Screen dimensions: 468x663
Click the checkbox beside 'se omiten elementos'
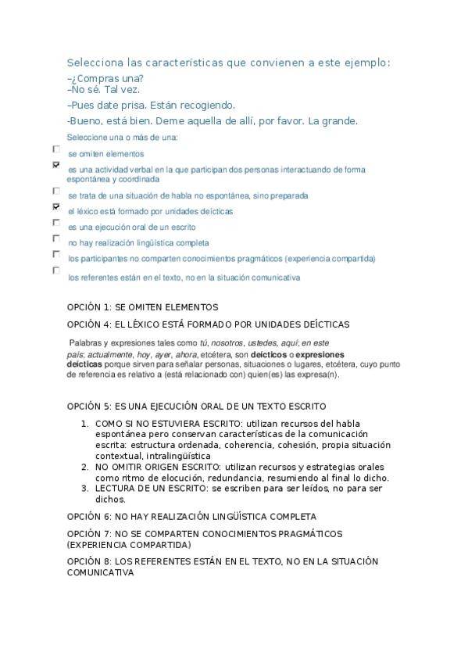[56, 149]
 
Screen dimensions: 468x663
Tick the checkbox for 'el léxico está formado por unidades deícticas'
[56, 207]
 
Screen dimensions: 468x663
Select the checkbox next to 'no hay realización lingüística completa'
[56, 238]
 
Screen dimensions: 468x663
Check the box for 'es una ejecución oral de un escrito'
[56, 223]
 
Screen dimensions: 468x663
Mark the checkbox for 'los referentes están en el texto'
[56, 271]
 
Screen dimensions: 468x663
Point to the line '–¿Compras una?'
[105, 78]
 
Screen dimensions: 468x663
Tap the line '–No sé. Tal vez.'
[104, 90]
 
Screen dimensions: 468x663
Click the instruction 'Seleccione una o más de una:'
[122, 138]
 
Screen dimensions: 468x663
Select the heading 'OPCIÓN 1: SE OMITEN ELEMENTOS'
[142, 307]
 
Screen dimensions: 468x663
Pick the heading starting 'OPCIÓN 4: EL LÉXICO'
[208, 324]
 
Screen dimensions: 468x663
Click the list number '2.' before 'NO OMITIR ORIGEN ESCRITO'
[85, 467]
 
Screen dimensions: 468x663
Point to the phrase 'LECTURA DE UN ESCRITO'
[148, 489]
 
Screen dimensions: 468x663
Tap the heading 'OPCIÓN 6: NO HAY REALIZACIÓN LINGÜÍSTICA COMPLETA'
[191, 517]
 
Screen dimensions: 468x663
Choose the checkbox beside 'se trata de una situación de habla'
[56, 191]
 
